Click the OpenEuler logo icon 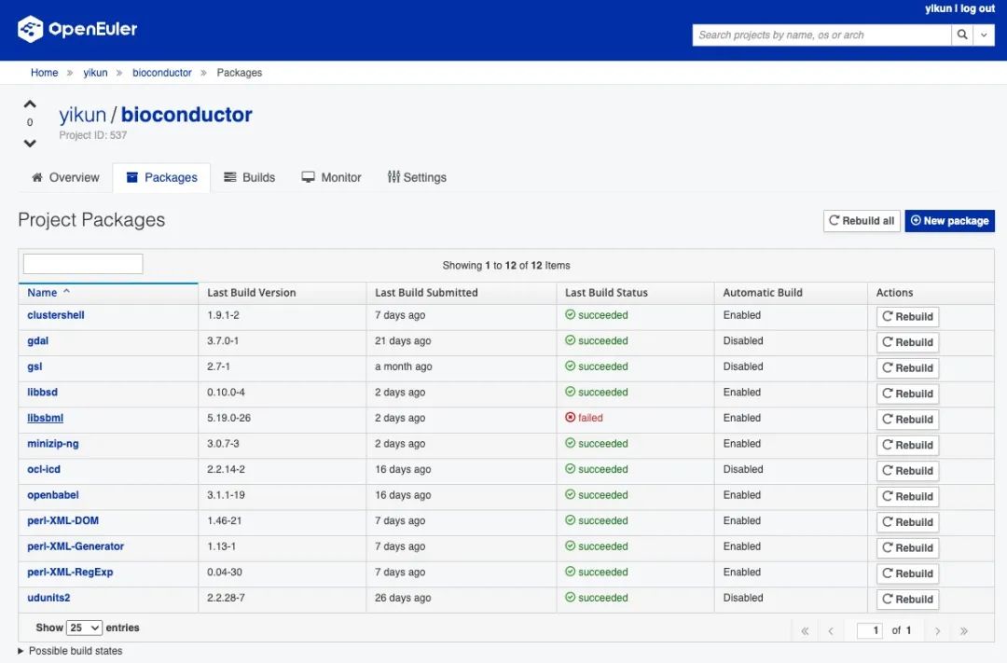pos(30,29)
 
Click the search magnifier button pos(961,35)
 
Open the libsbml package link pos(45,418)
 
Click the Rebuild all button pos(862,220)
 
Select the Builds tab pos(249,177)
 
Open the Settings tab pos(417,177)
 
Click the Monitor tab pos(331,177)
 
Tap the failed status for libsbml pos(584,418)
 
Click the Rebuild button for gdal pos(907,342)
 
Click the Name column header pos(42,292)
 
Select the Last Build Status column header pos(606,292)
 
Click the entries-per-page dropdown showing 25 pos(85,628)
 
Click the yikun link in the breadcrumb pos(95,73)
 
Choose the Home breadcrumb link pos(45,73)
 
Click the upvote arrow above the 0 pos(30,104)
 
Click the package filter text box pos(83,264)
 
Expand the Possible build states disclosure pos(70,651)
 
